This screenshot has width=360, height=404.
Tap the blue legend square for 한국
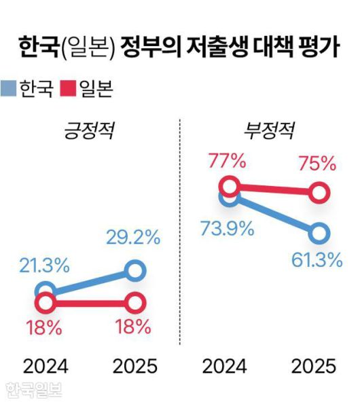click(9, 88)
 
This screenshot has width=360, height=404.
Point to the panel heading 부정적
click(268, 129)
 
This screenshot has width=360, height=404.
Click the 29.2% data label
click(133, 238)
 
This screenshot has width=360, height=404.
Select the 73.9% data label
click(227, 228)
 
